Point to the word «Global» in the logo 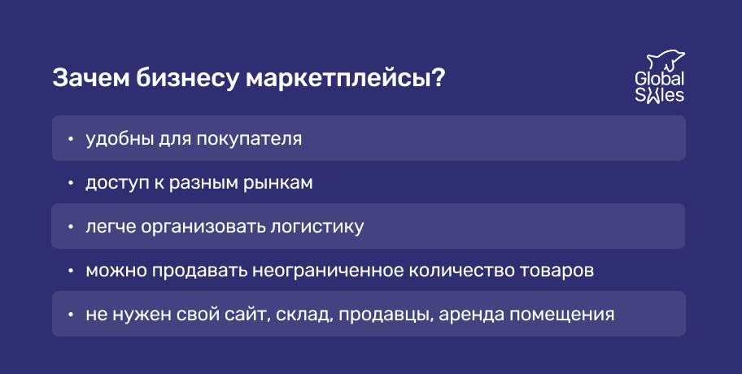click(659, 80)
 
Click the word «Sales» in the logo click(659, 95)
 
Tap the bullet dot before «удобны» click(71, 139)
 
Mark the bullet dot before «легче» click(71, 227)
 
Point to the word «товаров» click(559, 270)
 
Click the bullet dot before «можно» click(71, 271)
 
